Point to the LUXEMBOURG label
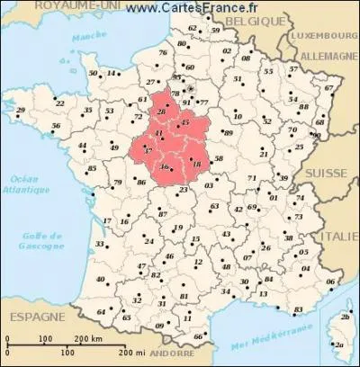(320, 40)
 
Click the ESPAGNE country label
(33, 318)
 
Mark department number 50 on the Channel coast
(93, 73)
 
